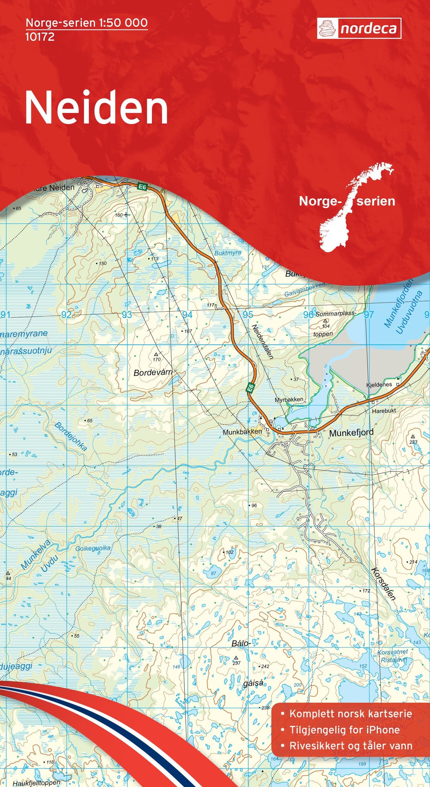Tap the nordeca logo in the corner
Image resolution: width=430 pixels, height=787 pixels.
[359, 28]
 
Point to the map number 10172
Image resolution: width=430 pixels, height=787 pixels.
[40, 37]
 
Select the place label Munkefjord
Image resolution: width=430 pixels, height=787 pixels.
[351, 433]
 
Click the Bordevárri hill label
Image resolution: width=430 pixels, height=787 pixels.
[153, 372]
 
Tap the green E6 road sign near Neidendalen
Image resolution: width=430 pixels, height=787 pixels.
[251, 388]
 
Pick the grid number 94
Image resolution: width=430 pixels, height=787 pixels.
[187, 315]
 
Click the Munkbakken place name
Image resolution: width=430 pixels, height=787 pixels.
[242, 432]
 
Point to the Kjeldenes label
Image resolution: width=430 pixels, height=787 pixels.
[379, 385]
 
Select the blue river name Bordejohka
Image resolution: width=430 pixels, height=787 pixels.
[71, 437]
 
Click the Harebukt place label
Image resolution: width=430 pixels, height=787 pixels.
[384, 411]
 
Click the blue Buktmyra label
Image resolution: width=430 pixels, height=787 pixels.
[228, 253]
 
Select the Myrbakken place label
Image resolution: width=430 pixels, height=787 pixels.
[289, 399]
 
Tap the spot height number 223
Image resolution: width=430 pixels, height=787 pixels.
[413, 442]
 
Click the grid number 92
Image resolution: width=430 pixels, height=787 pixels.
[66, 315]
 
